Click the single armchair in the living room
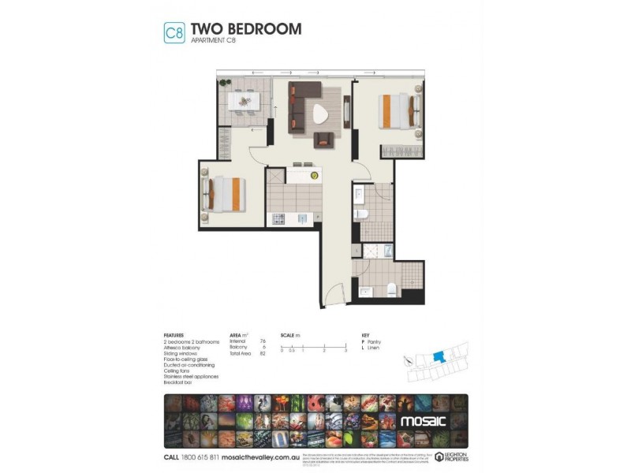pos(324,140)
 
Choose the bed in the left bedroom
pos(226,194)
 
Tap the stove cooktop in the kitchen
pos(278,219)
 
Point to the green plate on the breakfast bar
pos(314,175)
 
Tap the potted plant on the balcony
pos(226,82)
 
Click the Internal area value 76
pos(262,341)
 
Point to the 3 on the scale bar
pos(345,350)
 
